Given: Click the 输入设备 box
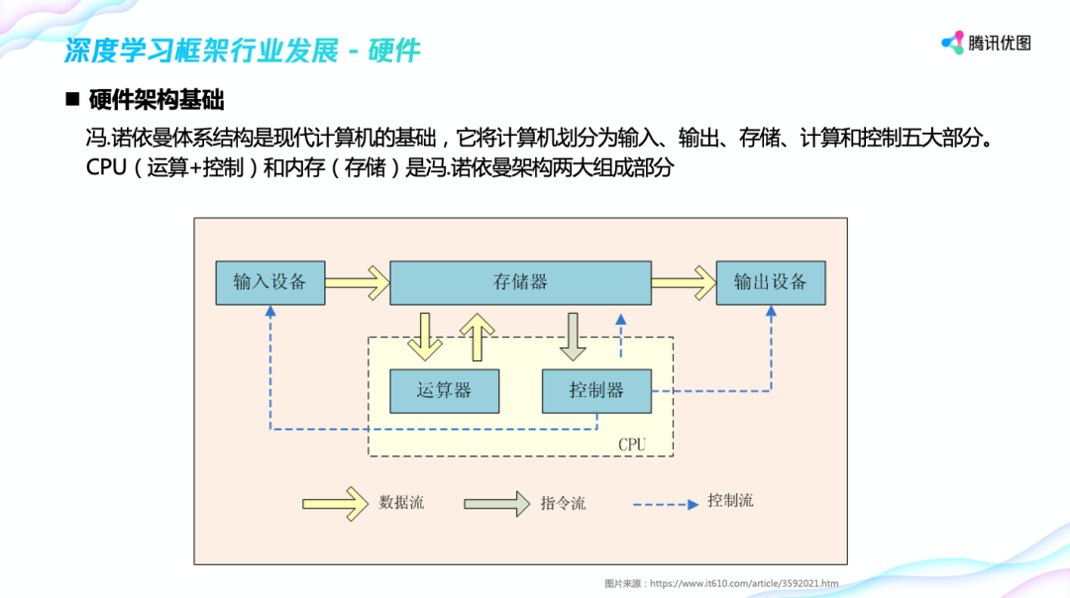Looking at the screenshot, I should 269,282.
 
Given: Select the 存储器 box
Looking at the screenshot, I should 520,282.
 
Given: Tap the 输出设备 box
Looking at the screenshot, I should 770,282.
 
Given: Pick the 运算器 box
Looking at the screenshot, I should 444,390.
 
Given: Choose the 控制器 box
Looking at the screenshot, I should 596,390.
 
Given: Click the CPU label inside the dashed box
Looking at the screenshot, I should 631,445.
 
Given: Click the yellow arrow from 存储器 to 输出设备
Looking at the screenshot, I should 684,282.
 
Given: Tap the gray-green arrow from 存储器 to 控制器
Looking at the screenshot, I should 573,337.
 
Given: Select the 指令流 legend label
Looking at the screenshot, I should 563,503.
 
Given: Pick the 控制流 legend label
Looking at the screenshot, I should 730,501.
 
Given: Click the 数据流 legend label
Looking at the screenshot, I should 401,502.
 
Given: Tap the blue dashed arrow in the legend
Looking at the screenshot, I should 665,504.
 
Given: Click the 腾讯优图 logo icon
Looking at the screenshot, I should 952,43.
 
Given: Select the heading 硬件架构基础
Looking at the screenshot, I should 157,100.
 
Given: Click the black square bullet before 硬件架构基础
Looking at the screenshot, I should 71,100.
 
